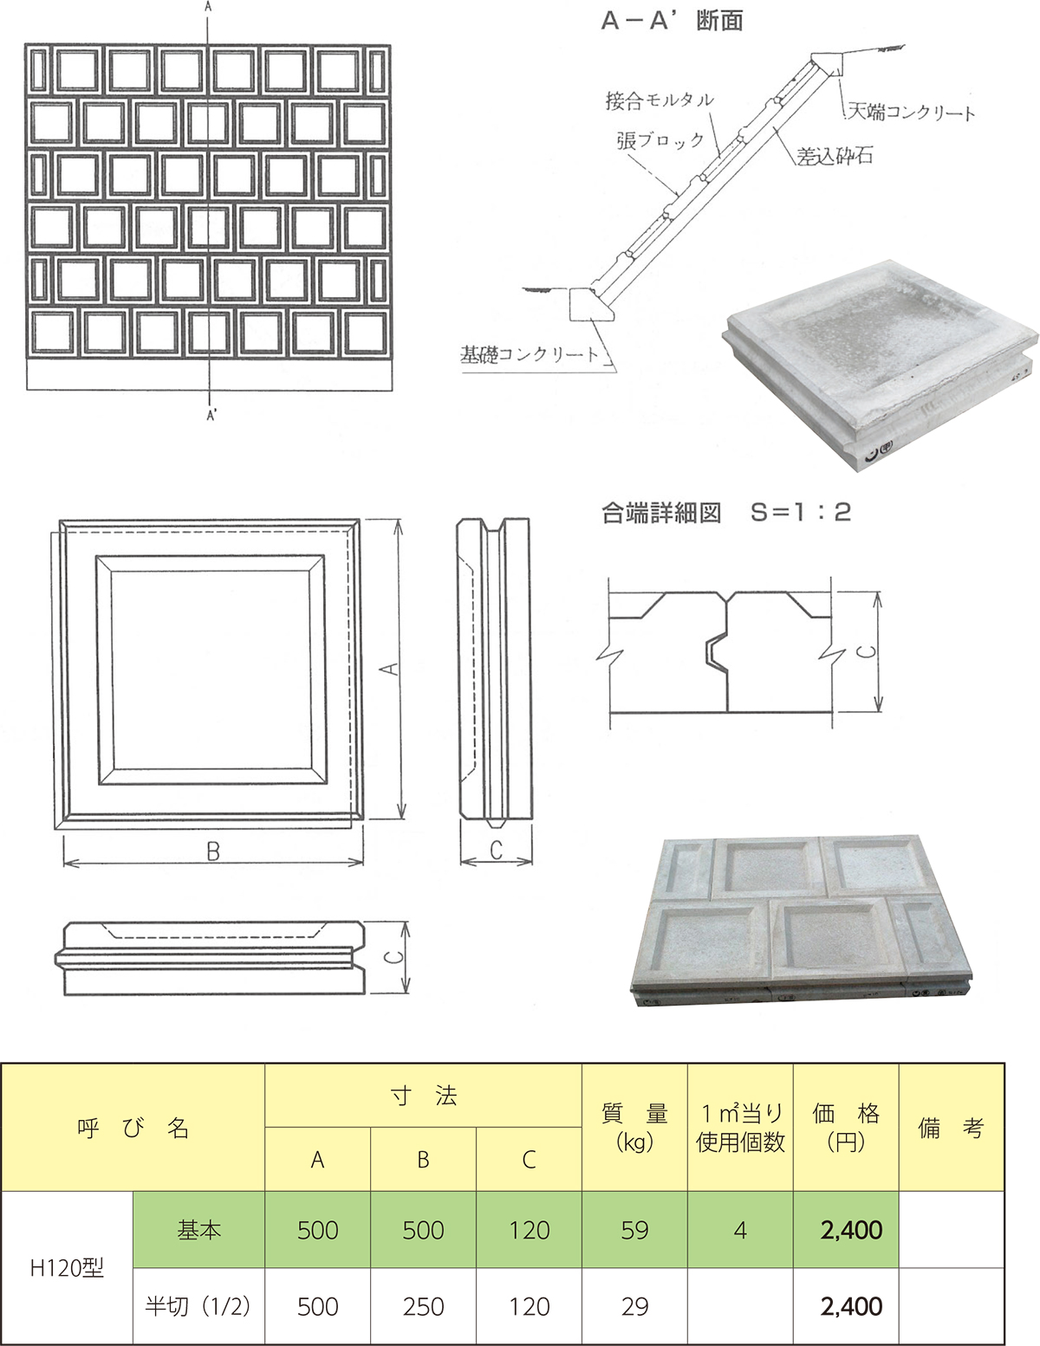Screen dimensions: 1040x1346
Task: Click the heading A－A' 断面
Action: tap(672, 22)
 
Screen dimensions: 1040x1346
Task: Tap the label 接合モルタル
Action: tap(660, 100)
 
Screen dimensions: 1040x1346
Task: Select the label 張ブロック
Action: tap(660, 140)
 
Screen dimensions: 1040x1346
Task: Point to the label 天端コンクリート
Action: tap(911, 111)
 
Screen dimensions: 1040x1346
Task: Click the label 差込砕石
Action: tap(835, 156)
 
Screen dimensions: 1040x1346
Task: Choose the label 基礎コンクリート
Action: tap(530, 354)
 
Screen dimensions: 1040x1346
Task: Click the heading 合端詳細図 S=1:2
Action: tap(725, 513)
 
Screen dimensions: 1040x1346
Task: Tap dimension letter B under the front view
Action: tap(212, 852)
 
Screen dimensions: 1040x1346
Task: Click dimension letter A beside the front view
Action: tap(388, 669)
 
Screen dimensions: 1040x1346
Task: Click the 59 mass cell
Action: tap(634, 1230)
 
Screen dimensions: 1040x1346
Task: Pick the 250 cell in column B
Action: tap(423, 1306)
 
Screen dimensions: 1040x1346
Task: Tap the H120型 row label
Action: tap(67, 1267)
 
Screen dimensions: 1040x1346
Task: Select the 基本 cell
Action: tap(199, 1230)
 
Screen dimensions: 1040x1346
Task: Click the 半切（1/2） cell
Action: tap(198, 1306)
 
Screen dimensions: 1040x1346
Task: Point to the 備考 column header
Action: tap(952, 1129)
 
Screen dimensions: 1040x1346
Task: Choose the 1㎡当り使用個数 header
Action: tap(741, 1128)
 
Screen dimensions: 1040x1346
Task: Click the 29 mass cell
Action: tap(634, 1306)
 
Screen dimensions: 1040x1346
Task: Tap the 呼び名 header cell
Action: tap(133, 1129)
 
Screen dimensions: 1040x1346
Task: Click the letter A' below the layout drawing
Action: tap(211, 417)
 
